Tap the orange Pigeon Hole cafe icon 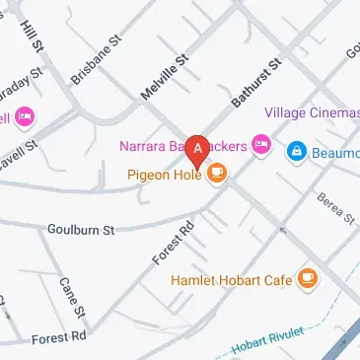tap(217, 175)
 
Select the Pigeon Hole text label tap(164, 175)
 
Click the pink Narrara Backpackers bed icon tap(261, 145)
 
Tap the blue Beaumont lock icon tap(294, 152)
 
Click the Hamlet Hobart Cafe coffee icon tap(309, 279)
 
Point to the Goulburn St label tap(81, 229)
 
